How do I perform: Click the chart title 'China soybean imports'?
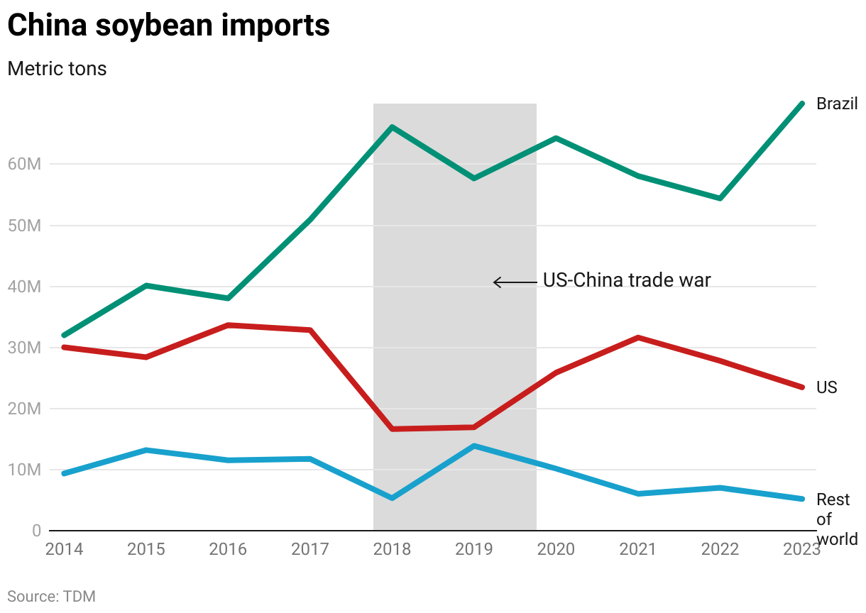coord(168,26)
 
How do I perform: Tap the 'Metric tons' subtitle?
coord(57,69)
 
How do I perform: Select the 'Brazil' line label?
coord(837,104)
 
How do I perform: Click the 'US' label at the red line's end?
coord(826,387)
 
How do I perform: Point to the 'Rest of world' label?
coord(835,519)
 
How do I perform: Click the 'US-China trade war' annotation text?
coord(626,280)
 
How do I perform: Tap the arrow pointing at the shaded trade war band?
coord(515,282)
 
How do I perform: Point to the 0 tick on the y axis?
coord(35,531)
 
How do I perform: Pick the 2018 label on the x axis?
coord(392,549)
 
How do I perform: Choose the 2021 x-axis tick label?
coord(638,549)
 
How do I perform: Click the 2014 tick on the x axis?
coord(64,549)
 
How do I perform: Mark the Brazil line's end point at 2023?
coord(802,104)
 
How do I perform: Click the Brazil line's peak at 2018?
coord(392,127)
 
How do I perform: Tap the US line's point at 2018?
coord(392,429)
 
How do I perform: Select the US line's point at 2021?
coord(638,337)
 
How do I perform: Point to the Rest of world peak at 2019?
coord(474,446)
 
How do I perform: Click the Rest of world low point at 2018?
coord(392,498)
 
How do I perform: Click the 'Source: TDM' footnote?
coord(51,596)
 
